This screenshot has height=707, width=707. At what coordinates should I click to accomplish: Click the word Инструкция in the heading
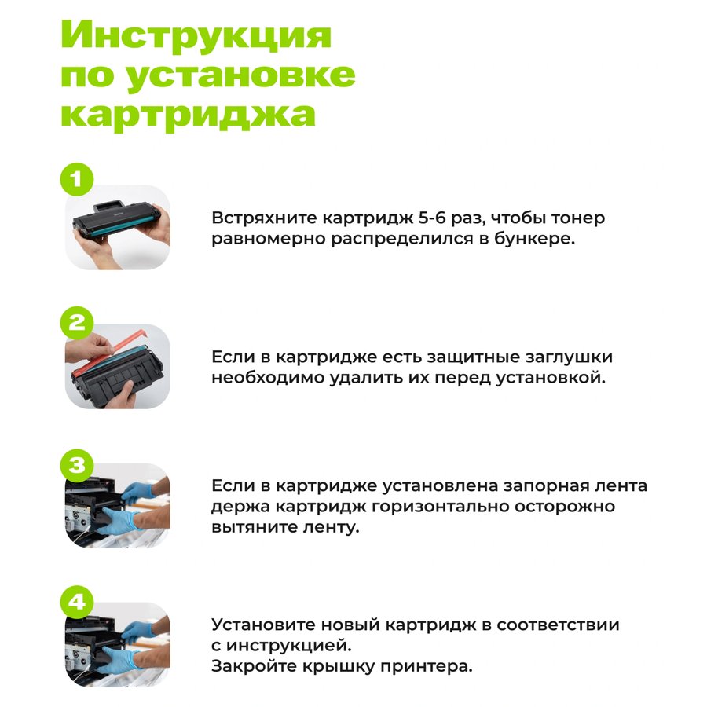pos(196,35)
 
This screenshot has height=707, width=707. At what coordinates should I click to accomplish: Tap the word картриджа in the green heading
pos(188,114)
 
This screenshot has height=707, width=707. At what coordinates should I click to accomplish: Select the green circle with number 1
pos(77,179)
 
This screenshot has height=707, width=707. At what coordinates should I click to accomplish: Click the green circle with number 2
pos(77,323)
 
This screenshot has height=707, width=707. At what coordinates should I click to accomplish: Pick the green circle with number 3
pos(77,464)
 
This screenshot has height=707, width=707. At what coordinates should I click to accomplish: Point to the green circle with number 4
pos(77,602)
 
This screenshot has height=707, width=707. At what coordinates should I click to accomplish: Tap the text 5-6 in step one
pos(432,218)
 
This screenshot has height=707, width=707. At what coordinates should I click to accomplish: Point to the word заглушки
pos(569,357)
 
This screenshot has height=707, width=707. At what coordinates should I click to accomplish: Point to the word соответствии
pos(558,625)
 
